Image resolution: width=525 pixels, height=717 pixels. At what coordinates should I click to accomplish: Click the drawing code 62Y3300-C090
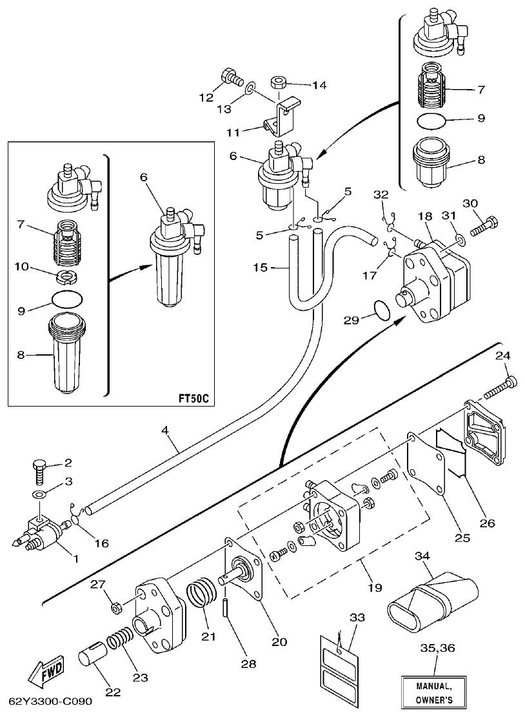point(50,702)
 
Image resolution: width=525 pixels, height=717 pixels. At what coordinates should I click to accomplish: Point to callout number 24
point(503,356)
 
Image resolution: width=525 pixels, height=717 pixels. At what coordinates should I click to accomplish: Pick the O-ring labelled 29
point(382,310)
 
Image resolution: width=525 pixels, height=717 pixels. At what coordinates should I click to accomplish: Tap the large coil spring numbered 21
point(201,594)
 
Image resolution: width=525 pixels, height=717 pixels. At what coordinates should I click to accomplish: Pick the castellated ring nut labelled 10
point(65,276)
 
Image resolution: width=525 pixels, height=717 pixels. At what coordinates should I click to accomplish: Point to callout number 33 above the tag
point(357,618)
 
